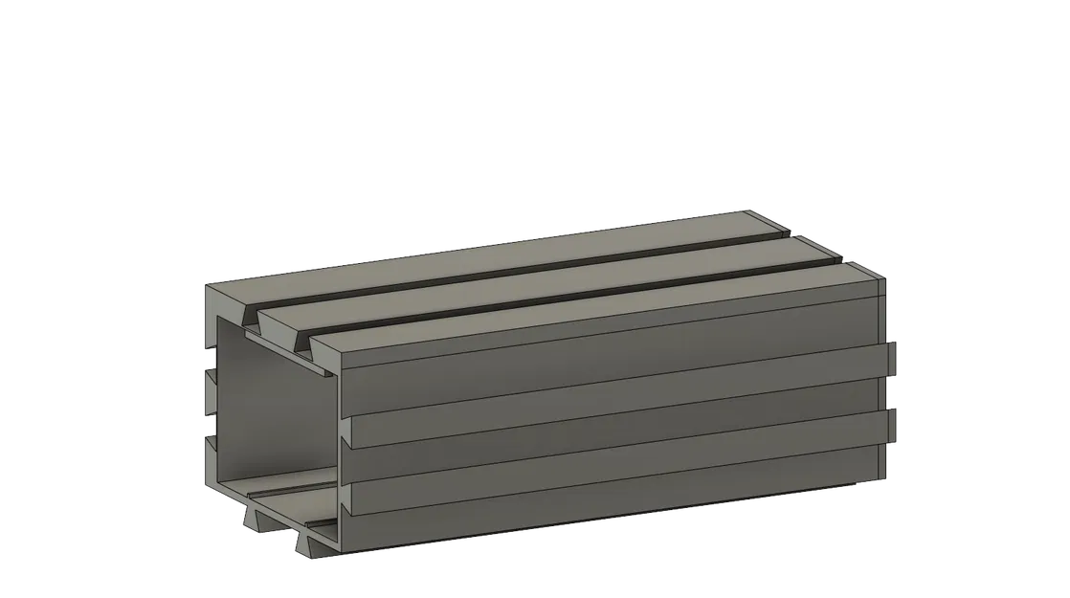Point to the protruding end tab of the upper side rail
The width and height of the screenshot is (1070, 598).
pyautogui.click(x=894, y=359)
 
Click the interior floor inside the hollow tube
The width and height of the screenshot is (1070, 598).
pyautogui.click(x=287, y=488)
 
